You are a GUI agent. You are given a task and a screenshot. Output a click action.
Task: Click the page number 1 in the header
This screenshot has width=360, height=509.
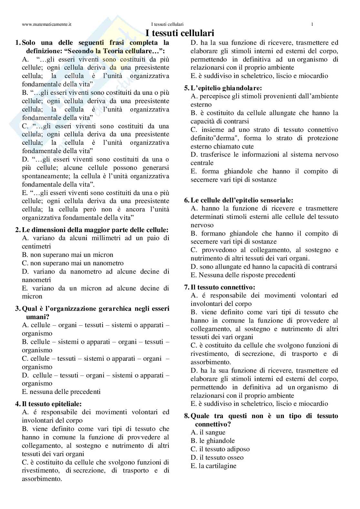click(312, 24)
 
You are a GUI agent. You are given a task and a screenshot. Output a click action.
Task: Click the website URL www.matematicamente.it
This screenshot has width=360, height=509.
click(47, 24)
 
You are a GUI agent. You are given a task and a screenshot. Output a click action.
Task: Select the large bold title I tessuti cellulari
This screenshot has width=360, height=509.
click(180, 33)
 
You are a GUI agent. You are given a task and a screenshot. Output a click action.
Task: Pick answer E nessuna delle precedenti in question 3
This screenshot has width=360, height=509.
click(61, 392)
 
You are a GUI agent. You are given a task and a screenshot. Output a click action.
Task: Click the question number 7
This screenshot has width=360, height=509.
click(186, 287)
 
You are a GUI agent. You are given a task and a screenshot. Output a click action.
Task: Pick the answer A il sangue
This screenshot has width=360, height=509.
click(208, 432)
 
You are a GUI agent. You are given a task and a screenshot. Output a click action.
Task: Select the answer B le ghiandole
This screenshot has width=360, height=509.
click(213, 441)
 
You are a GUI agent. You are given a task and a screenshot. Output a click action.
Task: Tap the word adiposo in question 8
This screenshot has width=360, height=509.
click(239, 449)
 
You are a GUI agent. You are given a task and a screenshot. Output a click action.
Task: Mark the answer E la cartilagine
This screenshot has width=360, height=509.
click(214, 466)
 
